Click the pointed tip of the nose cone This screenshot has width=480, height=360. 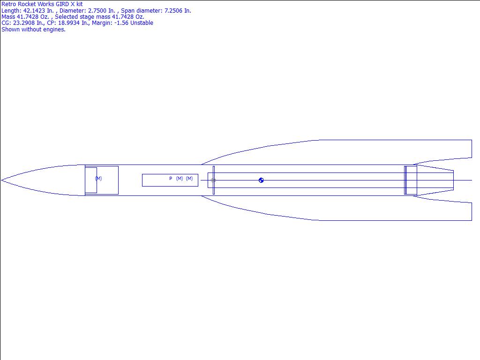[x=1, y=180]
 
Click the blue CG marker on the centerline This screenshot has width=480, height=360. [x=261, y=180]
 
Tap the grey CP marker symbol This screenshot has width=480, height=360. [x=213, y=180]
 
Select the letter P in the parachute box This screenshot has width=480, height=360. [x=171, y=179]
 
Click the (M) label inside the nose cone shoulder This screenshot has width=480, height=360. [x=98, y=178]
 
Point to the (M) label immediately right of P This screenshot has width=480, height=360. [x=180, y=179]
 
